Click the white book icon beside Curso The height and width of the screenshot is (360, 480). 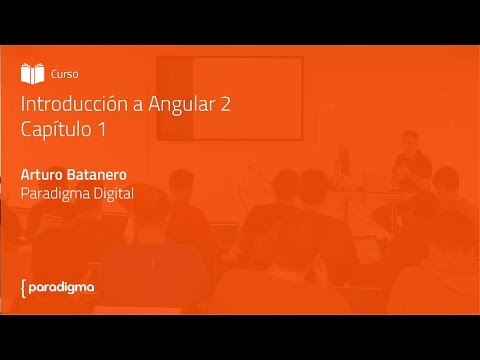(33, 73)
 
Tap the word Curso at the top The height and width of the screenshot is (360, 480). (65, 74)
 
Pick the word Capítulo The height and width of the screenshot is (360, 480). (57, 130)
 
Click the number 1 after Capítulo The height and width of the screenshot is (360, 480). (101, 129)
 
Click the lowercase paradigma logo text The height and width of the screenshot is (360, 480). (62, 288)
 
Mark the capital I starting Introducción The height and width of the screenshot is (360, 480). (22, 105)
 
